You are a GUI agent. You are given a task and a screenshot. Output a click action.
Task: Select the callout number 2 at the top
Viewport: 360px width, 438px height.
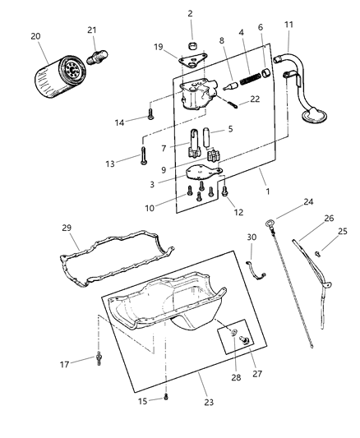pyautogui.click(x=190, y=13)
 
